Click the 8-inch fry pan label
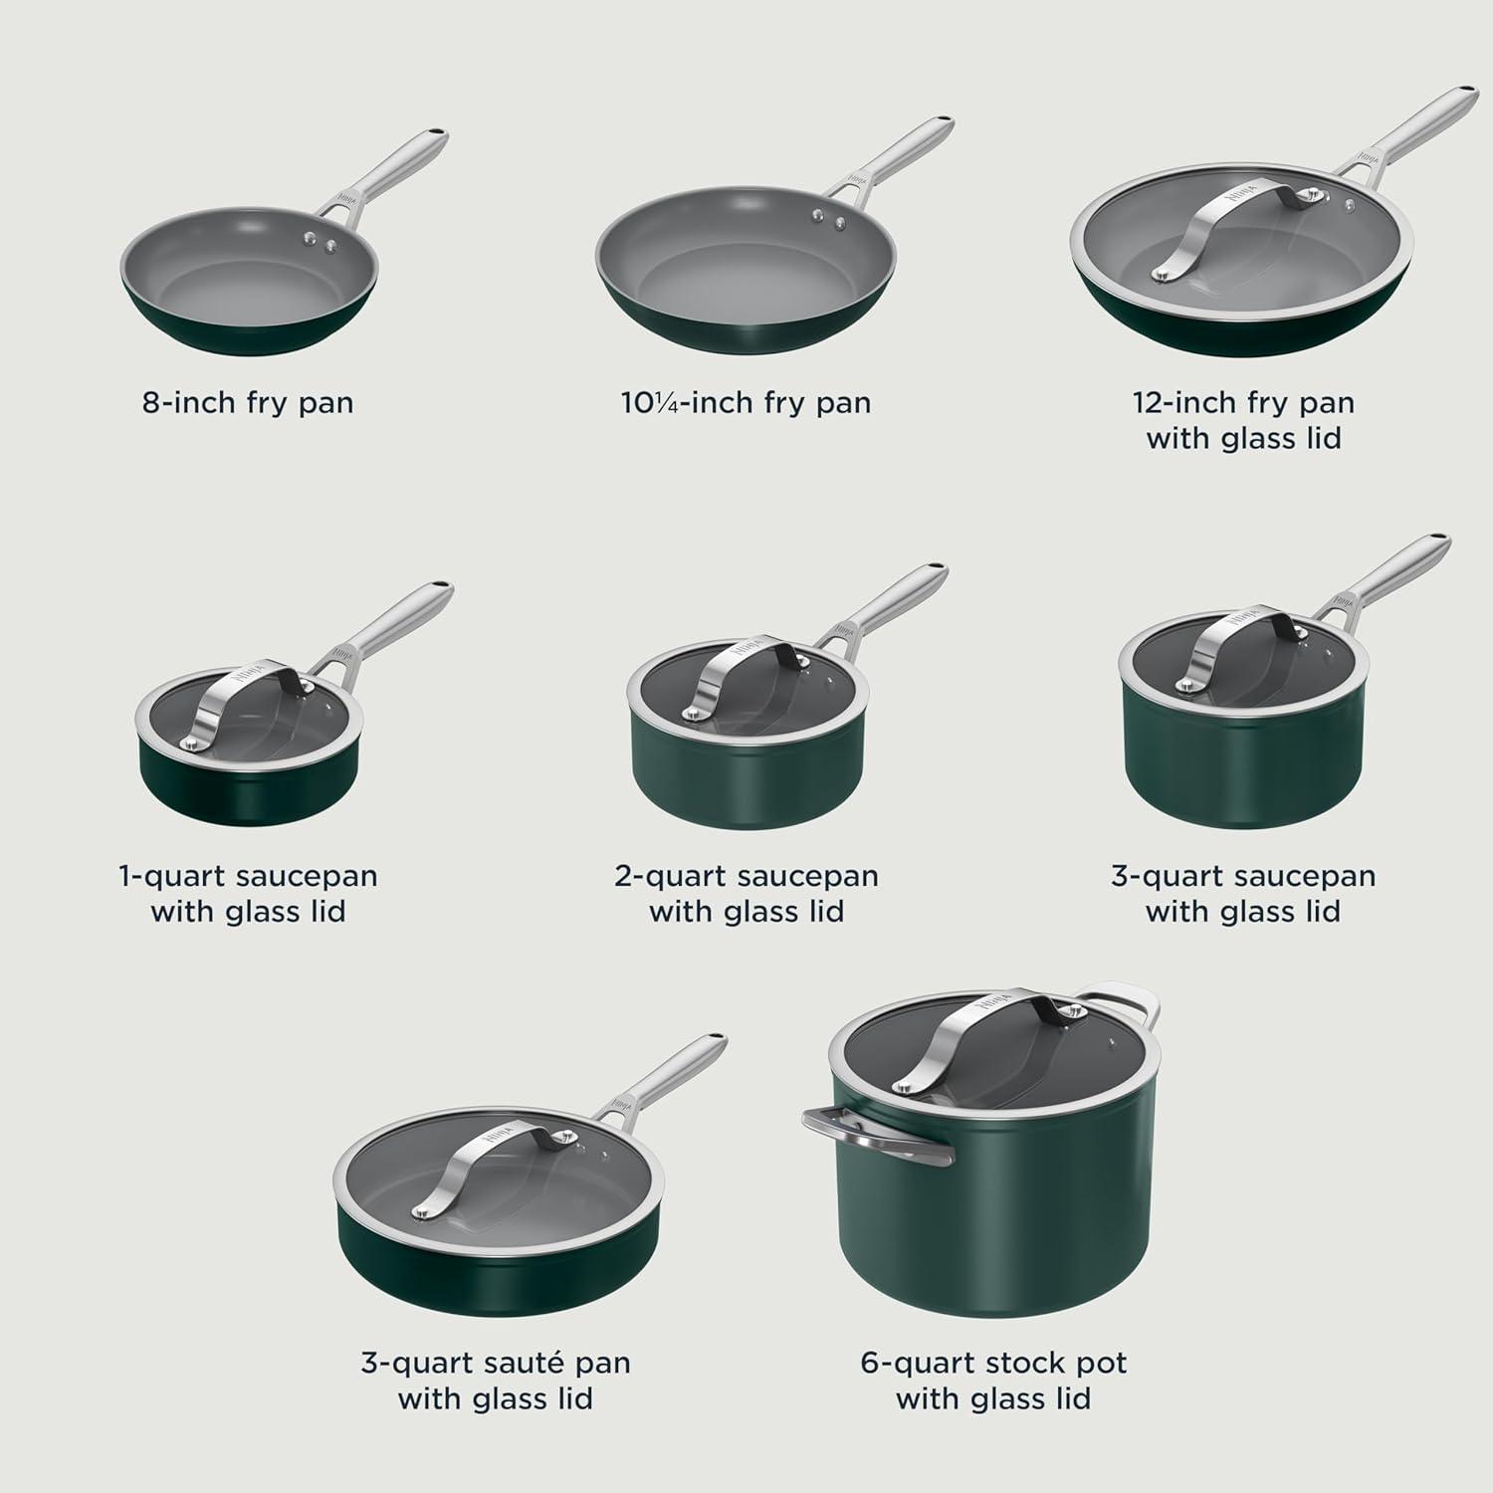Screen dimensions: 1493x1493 (248, 403)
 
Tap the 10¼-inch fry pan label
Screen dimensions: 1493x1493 (746, 403)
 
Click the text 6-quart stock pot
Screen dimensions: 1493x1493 (993, 1363)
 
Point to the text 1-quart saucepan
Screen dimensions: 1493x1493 (248, 877)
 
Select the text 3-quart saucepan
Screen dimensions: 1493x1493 (1243, 877)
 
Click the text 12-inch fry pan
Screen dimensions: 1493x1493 (1243, 403)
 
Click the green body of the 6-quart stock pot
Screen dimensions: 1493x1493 (995, 1234)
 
